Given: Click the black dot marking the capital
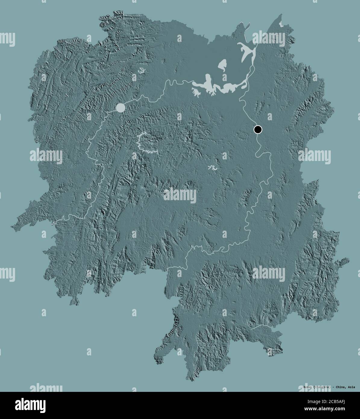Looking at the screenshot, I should point(258,130).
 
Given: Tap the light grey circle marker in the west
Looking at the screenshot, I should point(120,108).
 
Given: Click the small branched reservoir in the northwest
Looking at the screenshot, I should point(141,71).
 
